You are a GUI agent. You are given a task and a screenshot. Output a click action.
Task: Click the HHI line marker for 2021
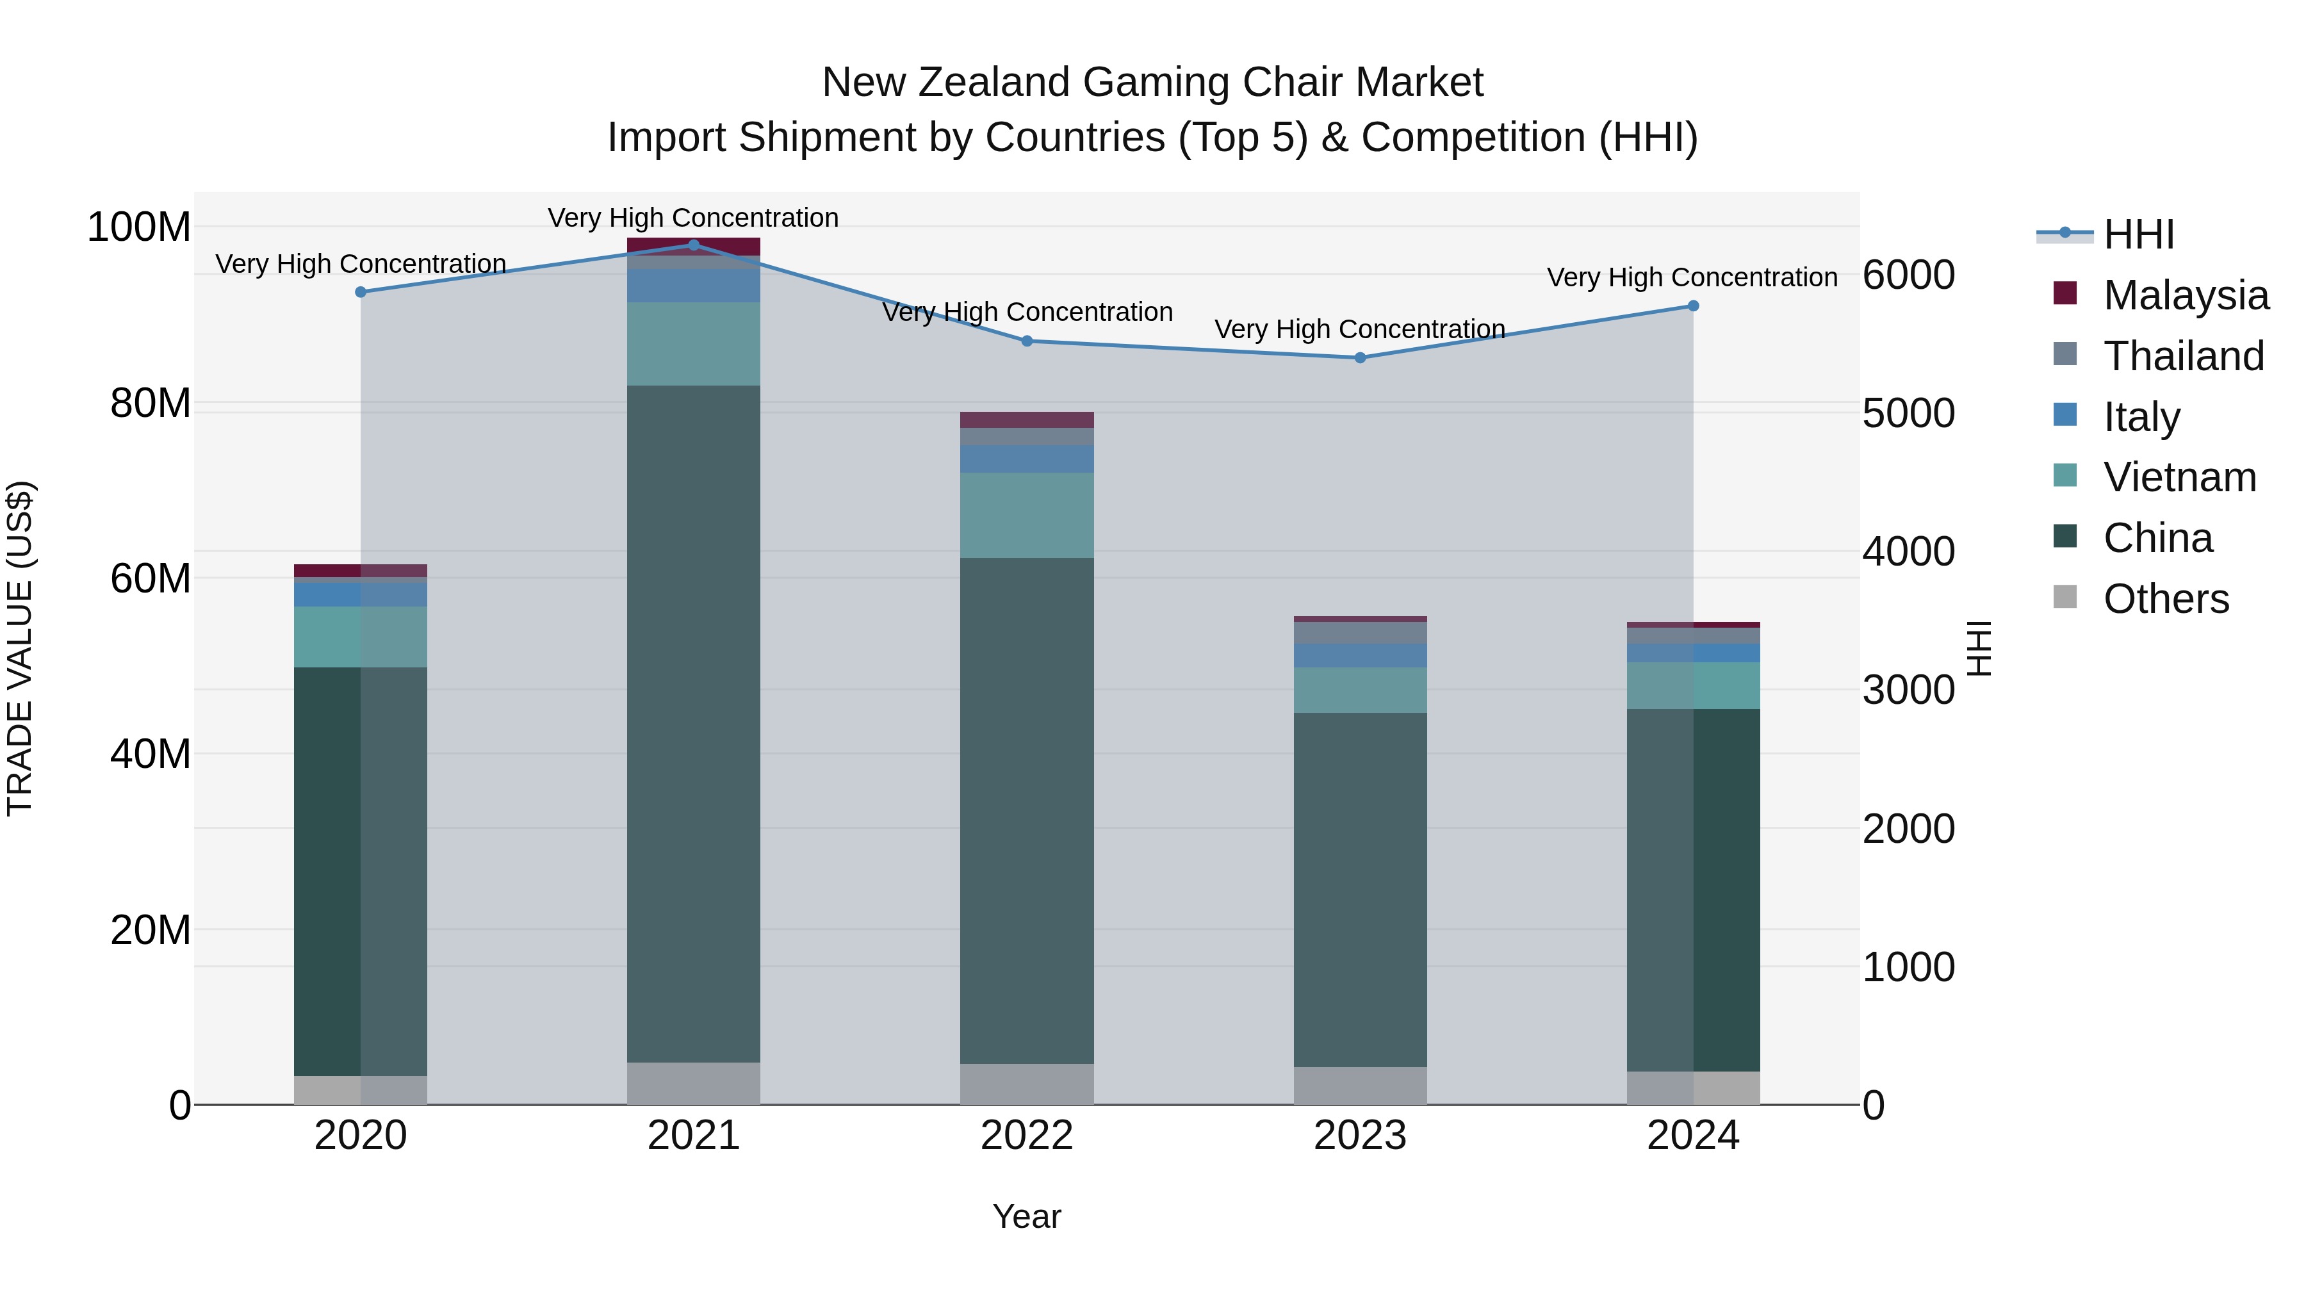[x=693, y=245]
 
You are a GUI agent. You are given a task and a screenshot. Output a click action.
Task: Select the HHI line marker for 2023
[x=1360, y=358]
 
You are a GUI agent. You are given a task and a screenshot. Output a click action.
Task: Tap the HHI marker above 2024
[x=1693, y=306]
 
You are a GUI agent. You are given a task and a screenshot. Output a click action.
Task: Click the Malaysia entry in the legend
[x=2185, y=295]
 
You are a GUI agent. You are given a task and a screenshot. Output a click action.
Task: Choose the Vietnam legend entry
[x=2179, y=477]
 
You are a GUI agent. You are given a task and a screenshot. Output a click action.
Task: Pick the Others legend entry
[x=2166, y=599]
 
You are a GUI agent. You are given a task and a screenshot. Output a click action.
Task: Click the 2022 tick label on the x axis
[x=1027, y=1136]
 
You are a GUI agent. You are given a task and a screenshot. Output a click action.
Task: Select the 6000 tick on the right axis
[x=1909, y=275]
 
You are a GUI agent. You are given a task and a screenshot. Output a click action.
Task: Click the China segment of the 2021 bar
[x=693, y=723]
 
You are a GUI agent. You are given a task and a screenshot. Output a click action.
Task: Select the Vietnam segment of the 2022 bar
[x=1027, y=515]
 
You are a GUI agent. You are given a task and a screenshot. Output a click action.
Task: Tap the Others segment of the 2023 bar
[x=1360, y=1085]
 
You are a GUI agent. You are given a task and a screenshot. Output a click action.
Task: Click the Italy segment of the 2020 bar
[x=360, y=594]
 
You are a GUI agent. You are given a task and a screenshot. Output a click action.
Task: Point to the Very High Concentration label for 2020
[x=361, y=264]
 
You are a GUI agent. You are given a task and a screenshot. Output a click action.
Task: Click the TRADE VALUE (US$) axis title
[x=20, y=648]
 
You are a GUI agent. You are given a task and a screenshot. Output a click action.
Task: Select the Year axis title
[x=1027, y=1216]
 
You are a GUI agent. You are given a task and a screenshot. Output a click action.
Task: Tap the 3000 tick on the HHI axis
[x=1909, y=690]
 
